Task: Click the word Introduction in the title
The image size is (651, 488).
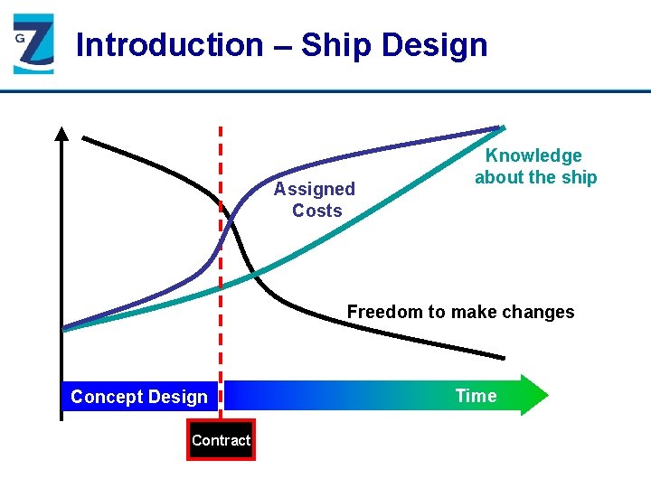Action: tap(169, 44)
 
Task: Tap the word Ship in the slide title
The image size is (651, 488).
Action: tap(337, 44)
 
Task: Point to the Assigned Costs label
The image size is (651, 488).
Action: tap(315, 200)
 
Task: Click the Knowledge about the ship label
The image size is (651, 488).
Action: tap(535, 167)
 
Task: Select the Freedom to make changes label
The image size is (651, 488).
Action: tap(460, 312)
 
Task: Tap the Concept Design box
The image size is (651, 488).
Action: tap(139, 397)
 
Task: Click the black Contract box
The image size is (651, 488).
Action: tap(221, 440)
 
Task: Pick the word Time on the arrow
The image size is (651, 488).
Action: tap(476, 396)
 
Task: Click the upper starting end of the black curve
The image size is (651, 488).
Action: tap(84, 138)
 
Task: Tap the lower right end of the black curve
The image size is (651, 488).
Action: tap(503, 357)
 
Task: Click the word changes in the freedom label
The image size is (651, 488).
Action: tap(540, 312)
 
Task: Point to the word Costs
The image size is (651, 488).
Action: tap(316, 211)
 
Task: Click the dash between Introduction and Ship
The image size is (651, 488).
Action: tap(281, 45)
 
